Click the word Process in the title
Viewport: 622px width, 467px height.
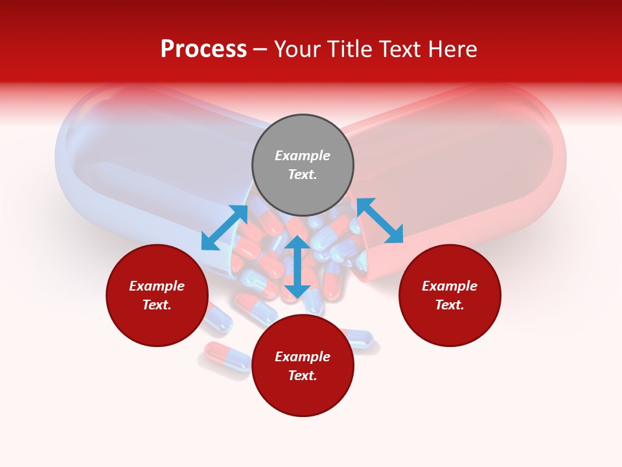[x=203, y=49]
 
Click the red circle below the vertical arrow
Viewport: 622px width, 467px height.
[x=303, y=396]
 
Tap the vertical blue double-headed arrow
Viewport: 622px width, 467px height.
[x=297, y=267]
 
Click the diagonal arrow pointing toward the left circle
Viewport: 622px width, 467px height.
[x=224, y=228]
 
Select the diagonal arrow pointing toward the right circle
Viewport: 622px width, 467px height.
[x=380, y=221]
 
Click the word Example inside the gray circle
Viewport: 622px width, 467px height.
[x=303, y=156]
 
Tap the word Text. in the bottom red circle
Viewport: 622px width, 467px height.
[x=303, y=376]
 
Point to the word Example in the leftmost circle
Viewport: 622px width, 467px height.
[x=157, y=286]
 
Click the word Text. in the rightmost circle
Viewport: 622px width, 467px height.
[x=450, y=305]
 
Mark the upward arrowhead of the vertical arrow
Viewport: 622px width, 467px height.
[x=297, y=243]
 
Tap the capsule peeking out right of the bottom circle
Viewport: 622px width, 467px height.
[x=360, y=338]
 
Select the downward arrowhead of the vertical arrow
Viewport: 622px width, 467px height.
[x=297, y=291]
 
